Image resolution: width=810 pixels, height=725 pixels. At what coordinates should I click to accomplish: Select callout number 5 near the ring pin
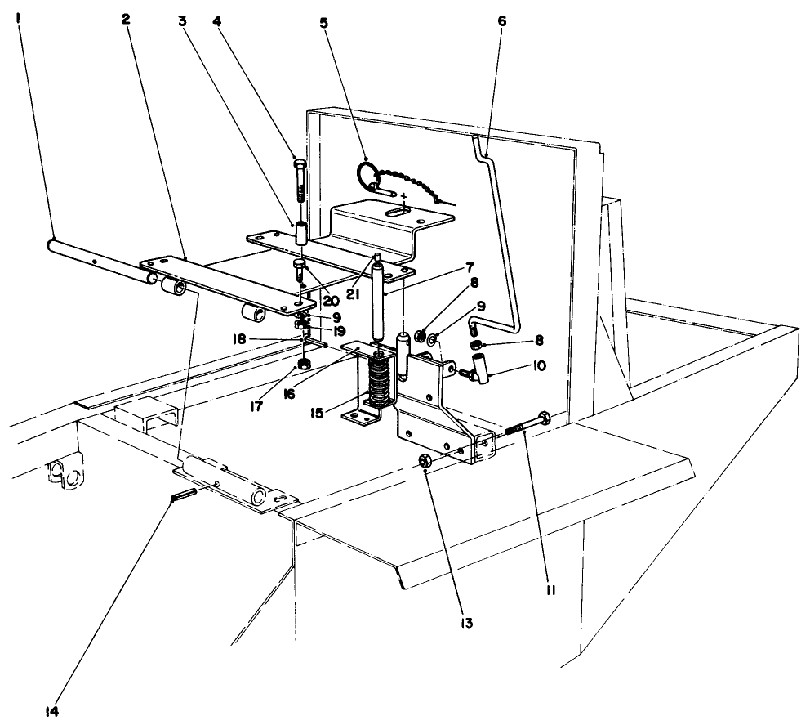tap(323, 22)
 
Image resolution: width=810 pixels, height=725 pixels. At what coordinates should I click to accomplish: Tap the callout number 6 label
tap(501, 20)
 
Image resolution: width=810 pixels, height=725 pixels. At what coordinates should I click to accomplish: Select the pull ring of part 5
tap(366, 174)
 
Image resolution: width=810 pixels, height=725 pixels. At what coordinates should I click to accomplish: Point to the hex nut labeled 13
tap(425, 462)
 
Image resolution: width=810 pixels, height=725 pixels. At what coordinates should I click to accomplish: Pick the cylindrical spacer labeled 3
tap(300, 232)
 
